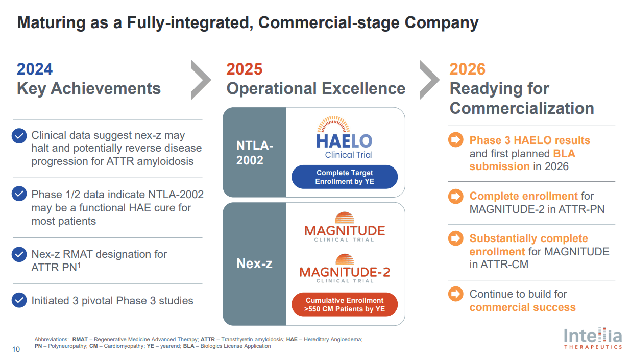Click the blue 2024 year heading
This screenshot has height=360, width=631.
click(35, 69)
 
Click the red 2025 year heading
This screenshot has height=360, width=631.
click(244, 69)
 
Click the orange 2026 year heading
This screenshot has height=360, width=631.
click(467, 69)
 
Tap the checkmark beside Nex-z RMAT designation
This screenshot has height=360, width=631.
click(19, 254)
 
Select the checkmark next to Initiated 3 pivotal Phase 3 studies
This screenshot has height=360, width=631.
click(19, 300)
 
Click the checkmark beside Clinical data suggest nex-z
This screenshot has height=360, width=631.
click(19, 136)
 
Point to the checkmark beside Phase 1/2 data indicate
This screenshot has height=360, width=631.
click(19, 195)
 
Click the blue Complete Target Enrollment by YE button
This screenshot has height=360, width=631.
click(344, 177)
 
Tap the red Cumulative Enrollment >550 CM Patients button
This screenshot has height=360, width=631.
click(344, 305)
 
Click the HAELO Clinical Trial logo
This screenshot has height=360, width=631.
click(344, 139)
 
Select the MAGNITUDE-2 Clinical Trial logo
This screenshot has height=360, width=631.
click(344, 269)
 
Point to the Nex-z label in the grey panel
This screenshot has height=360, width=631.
click(254, 263)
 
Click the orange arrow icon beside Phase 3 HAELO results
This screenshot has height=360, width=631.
click(455, 140)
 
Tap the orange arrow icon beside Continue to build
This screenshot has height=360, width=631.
click(455, 294)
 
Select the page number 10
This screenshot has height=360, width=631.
click(16, 349)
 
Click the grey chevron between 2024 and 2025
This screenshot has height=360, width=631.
click(201, 80)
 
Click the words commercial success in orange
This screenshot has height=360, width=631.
click(522, 307)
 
